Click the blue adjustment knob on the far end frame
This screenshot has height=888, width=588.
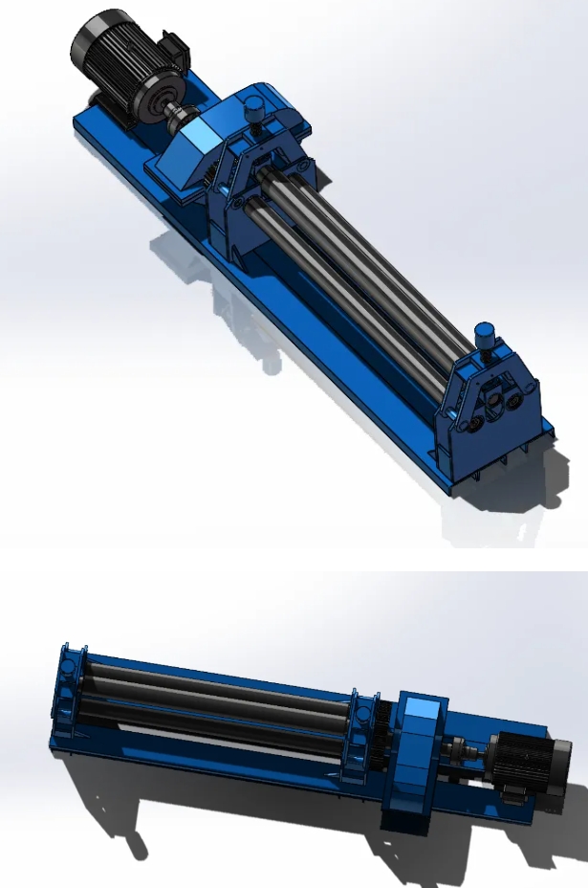click(484, 336)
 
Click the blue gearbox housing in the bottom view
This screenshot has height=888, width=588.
click(413, 756)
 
